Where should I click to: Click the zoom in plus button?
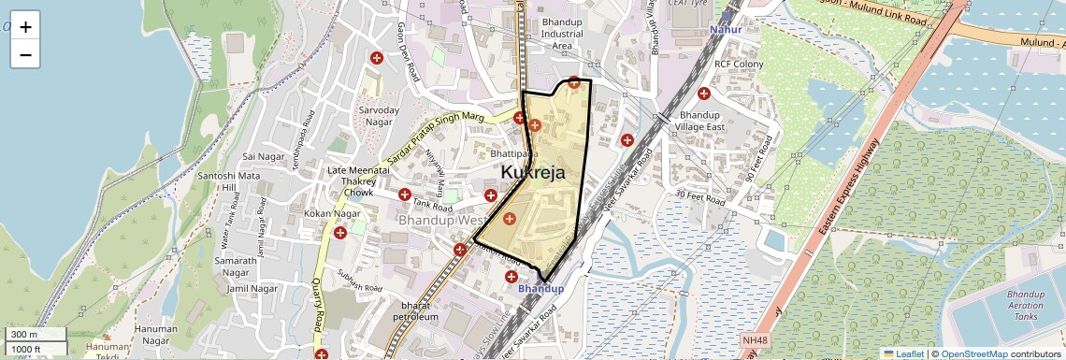tap(25, 27)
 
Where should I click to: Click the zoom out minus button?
tap(25, 55)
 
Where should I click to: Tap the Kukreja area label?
tap(533, 173)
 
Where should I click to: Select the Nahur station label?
tap(726, 30)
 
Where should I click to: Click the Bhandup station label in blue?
tap(540, 289)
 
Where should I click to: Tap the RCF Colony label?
tap(739, 65)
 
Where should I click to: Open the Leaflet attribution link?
tap(903, 353)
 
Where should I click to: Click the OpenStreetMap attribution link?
tap(973, 353)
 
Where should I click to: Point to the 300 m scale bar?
tap(36, 335)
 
